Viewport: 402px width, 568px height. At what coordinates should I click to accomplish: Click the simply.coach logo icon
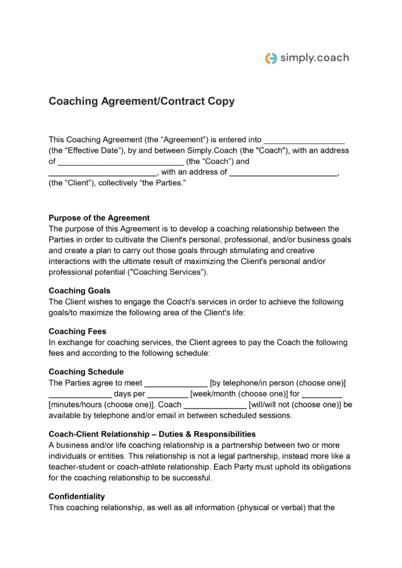[271, 58]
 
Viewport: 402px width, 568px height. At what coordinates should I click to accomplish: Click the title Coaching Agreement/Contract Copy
[142, 102]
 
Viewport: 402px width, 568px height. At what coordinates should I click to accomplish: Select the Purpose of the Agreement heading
[99, 217]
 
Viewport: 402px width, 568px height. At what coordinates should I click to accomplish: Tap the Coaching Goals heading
[79, 291]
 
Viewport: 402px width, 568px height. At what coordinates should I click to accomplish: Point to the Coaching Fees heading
[77, 331]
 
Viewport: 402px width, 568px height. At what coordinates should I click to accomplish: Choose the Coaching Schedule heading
[86, 372]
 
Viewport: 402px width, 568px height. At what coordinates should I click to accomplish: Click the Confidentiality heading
[77, 496]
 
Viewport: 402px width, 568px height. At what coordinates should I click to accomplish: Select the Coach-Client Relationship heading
[152, 434]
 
